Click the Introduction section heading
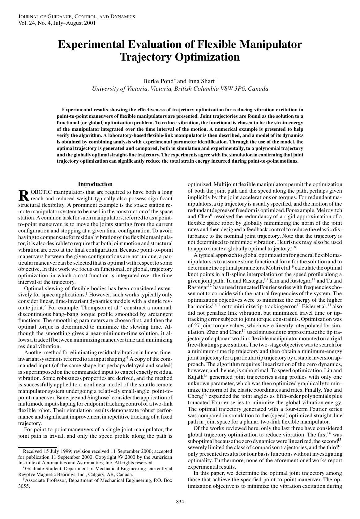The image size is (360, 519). pyautogui.click(x=95, y=184)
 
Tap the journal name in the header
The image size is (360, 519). pyautogui.click(x=76, y=16)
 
